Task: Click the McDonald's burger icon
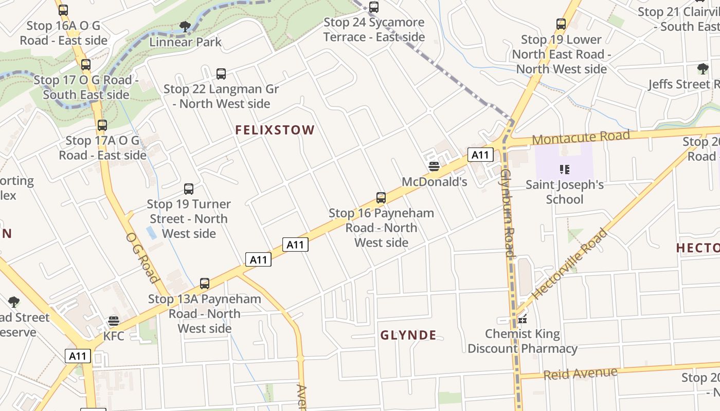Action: point(434,166)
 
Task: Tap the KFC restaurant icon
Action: point(114,321)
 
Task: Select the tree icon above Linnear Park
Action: point(185,26)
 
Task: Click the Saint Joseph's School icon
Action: point(564,169)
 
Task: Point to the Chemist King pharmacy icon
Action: point(523,319)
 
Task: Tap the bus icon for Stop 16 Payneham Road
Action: point(381,197)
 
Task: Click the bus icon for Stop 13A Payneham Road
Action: point(205,283)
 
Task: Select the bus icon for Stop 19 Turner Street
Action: point(189,189)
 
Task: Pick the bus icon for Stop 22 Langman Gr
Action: point(221,73)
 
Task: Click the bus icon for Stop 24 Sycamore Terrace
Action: point(374,7)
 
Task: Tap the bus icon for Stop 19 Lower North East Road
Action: point(561,24)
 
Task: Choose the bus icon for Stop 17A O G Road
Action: point(102,125)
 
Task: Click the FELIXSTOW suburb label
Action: point(275,130)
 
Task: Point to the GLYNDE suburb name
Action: point(408,335)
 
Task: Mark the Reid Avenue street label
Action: point(580,373)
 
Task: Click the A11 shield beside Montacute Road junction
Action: point(480,155)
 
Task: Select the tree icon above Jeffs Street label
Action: point(703,68)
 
